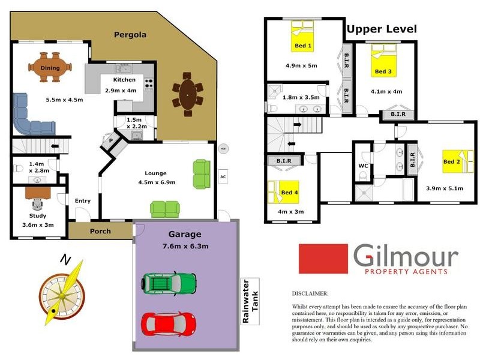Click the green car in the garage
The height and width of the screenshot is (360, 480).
coord(169,281)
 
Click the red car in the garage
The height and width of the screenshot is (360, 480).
coord(169,322)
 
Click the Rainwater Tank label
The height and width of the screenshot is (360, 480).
coord(249,301)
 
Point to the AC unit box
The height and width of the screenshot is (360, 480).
coord(223,177)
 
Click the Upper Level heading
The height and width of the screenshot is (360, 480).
coord(381,29)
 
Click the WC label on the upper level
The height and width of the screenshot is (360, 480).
coord(363,166)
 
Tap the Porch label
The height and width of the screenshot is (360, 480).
coord(100,231)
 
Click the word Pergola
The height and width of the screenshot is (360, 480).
coord(130,35)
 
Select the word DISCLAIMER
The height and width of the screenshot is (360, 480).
coord(310,294)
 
